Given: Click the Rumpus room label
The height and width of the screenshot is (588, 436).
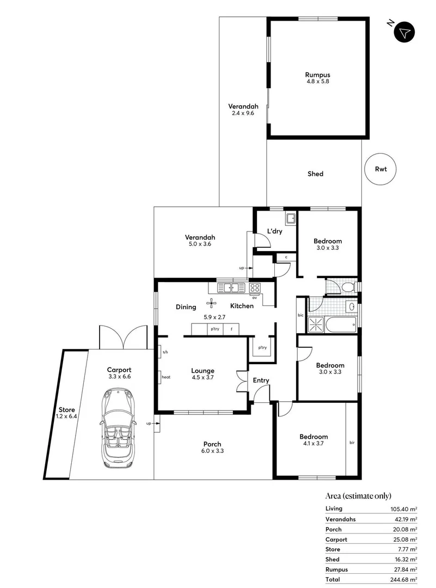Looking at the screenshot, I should [317, 75].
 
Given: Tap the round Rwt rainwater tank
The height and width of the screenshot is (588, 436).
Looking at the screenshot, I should [380, 169].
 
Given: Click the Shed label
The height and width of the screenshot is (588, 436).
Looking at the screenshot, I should [315, 174].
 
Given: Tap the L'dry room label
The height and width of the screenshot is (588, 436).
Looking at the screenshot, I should [274, 231].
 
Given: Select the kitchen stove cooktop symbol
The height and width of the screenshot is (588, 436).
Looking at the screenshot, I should [255, 287].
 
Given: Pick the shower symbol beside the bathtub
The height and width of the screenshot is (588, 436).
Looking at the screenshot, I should [315, 324].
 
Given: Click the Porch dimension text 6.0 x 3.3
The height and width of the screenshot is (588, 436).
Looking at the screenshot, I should [212, 451].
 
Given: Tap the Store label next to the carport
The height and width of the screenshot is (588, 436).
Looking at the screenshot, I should [66, 410].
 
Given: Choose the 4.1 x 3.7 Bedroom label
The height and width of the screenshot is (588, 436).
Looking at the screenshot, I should [314, 437].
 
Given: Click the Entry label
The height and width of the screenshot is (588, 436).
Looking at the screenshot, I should [261, 380].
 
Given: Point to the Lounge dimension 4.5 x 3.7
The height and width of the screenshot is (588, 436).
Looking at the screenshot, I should [202, 377].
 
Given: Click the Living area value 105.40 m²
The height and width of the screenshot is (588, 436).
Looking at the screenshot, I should [402, 509].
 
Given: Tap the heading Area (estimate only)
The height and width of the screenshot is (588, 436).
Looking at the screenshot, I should [358, 495].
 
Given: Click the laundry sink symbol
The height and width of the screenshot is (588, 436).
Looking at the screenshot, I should [291, 219].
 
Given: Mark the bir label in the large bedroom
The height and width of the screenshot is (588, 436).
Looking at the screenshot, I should [352, 443].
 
